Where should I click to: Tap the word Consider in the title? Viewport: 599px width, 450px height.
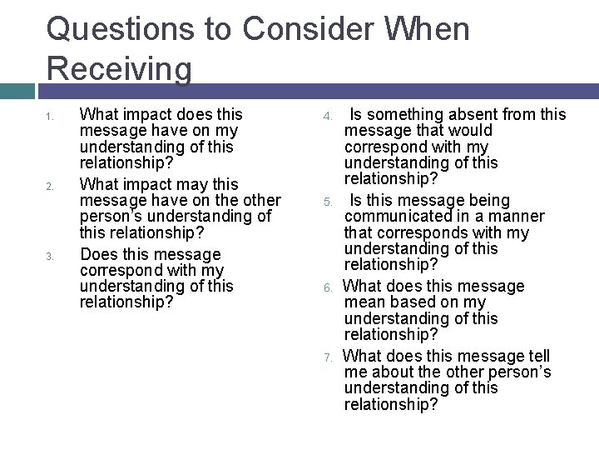coord(312,30)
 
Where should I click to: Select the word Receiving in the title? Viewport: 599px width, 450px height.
coord(119,68)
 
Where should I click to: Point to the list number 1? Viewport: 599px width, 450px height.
coord(50,116)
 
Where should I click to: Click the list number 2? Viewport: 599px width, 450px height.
coord(50,186)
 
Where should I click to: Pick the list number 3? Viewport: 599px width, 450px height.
coord(50,256)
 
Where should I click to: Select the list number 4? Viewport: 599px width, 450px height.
coord(329,116)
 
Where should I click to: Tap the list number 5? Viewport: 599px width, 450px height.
coord(329,202)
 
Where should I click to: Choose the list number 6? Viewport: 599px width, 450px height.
coord(329,288)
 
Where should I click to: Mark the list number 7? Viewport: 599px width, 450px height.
coord(329,357)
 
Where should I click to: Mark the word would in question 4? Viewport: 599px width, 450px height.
coord(471,130)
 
